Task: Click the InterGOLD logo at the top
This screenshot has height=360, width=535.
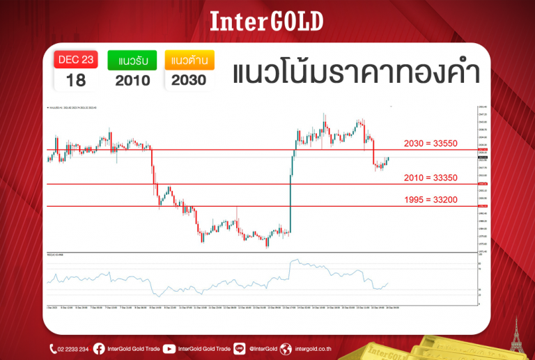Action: coord(267,22)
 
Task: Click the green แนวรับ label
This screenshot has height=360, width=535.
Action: coord(132,59)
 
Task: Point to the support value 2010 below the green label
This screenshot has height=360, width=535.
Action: coord(132,80)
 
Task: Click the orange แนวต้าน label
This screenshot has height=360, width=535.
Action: coord(189,59)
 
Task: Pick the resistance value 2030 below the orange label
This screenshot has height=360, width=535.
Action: coord(189,80)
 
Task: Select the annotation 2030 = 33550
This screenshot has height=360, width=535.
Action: coord(431,143)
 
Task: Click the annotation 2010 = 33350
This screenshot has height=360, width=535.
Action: coord(431,178)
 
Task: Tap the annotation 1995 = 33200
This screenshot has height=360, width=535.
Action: coord(431,200)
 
